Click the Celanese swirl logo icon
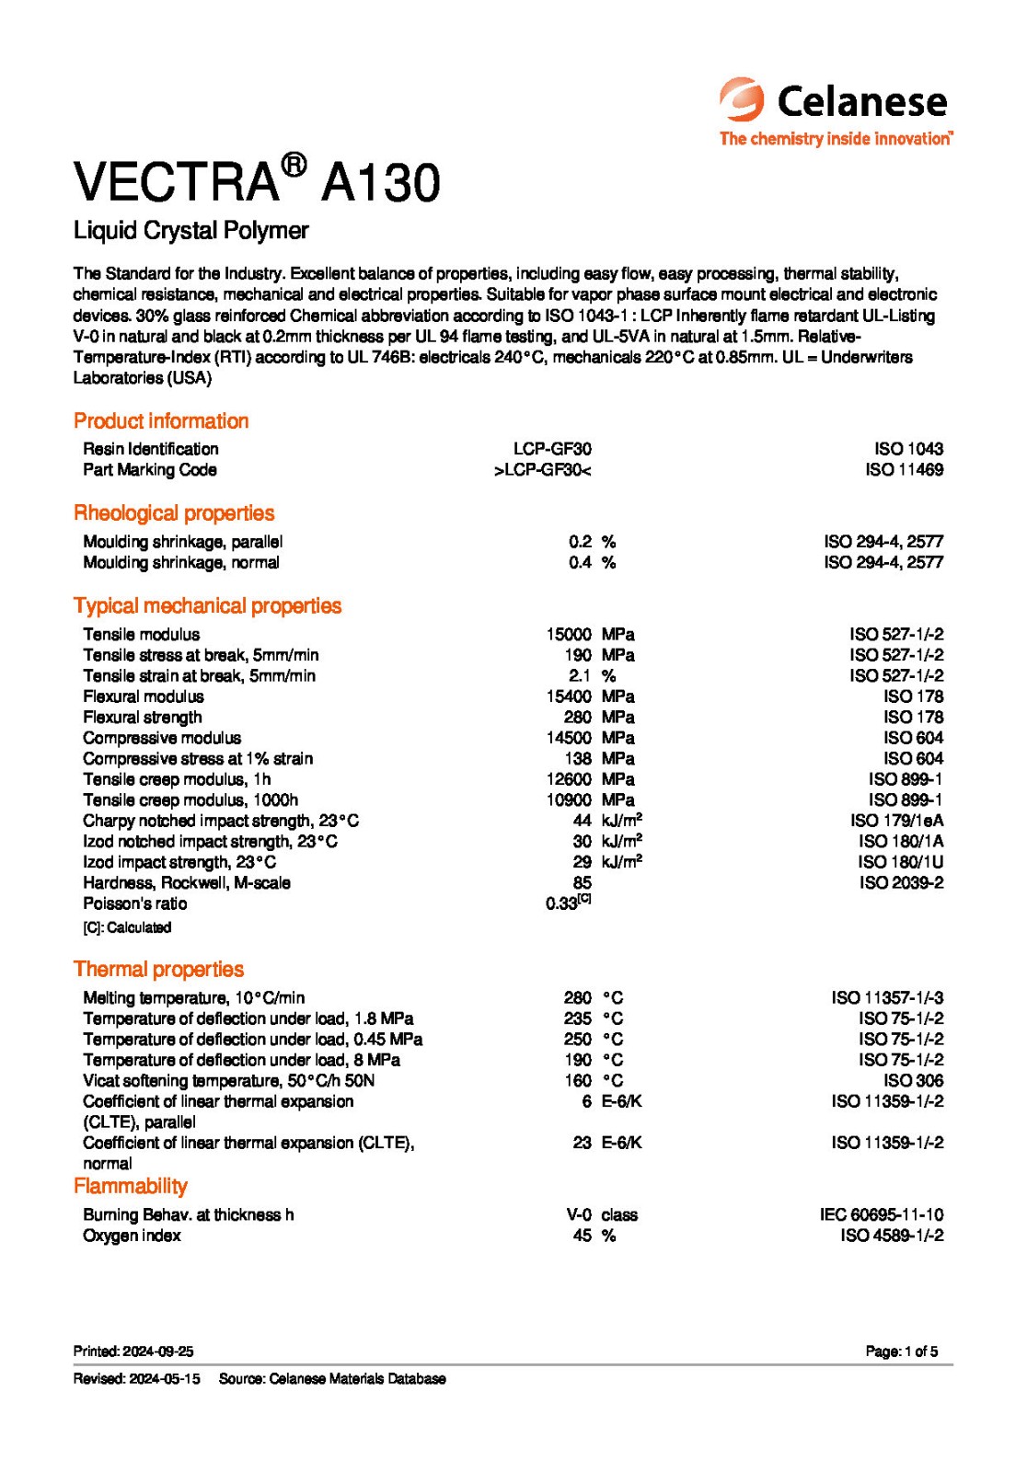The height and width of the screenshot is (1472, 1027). point(742,99)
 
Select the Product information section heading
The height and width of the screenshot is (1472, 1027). point(161,421)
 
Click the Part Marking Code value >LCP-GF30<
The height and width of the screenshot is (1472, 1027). point(542,470)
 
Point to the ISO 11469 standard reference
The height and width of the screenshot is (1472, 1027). point(904,470)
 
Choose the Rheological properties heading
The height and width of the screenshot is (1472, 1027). point(174,513)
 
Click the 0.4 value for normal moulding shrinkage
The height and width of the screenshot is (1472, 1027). point(580,563)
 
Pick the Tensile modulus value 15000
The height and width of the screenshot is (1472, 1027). point(569,635)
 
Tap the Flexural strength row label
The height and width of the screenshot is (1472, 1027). point(143,718)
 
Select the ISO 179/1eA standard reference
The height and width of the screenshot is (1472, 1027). point(896,821)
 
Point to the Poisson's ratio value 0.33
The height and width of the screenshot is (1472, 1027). point(562,904)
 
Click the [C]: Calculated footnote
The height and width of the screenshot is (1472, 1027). point(127,928)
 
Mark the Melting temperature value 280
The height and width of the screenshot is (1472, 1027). point(578,998)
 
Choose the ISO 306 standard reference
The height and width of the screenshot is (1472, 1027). point(913,1081)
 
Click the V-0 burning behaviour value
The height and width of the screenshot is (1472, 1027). point(579,1215)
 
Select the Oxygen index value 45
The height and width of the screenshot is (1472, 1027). point(582,1236)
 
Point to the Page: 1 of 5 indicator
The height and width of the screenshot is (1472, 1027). point(901,1352)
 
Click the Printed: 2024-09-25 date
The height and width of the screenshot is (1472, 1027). point(133,1352)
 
